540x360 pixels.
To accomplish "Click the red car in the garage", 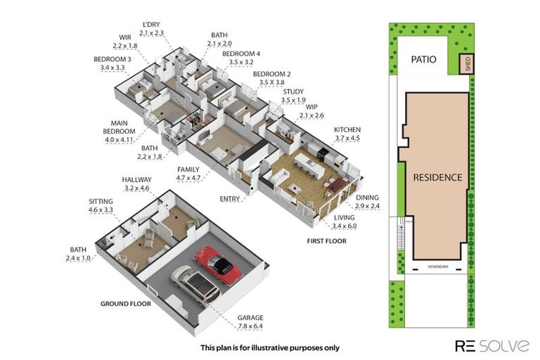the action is [x=218, y=264].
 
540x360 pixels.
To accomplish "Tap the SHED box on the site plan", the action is [x=467, y=64].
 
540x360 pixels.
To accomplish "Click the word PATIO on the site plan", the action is [x=423, y=59].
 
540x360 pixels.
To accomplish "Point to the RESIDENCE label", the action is [x=438, y=177].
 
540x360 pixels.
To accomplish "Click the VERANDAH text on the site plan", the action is [x=438, y=266].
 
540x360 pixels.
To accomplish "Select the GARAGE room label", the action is [x=250, y=318].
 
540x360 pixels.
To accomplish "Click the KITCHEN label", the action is [x=347, y=130].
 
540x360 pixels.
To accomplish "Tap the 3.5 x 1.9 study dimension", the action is [x=293, y=101].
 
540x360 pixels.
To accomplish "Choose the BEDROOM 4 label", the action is [x=241, y=53].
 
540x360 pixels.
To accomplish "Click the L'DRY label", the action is [x=151, y=25].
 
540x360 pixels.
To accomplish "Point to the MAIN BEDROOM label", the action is [x=119, y=127].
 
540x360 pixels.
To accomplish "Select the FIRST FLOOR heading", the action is [x=326, y=241].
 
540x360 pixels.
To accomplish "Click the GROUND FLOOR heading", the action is [x=126, y=304].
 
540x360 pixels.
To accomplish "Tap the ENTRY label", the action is [x=230, y=199].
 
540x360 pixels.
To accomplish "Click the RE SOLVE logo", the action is [x=492, y=345].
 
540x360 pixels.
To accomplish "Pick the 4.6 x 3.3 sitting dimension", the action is [x=101, y=210].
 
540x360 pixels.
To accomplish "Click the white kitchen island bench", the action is [x=309, y=166].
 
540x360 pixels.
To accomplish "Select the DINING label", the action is [x=367, y=198].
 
